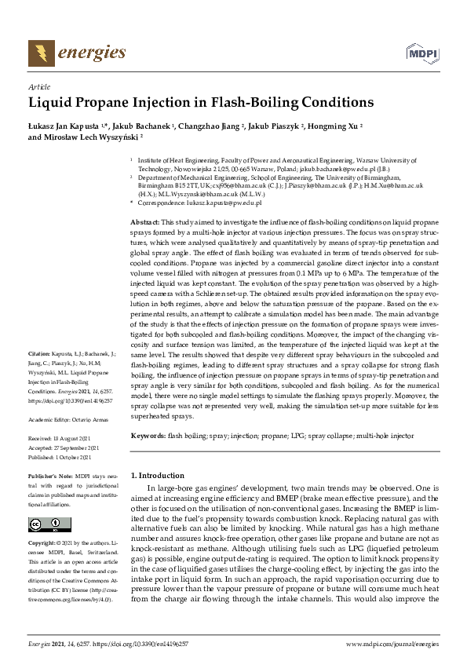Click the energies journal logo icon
tap(38, 53)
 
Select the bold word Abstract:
tap(144, 224)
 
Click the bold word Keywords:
tap(148, 435)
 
